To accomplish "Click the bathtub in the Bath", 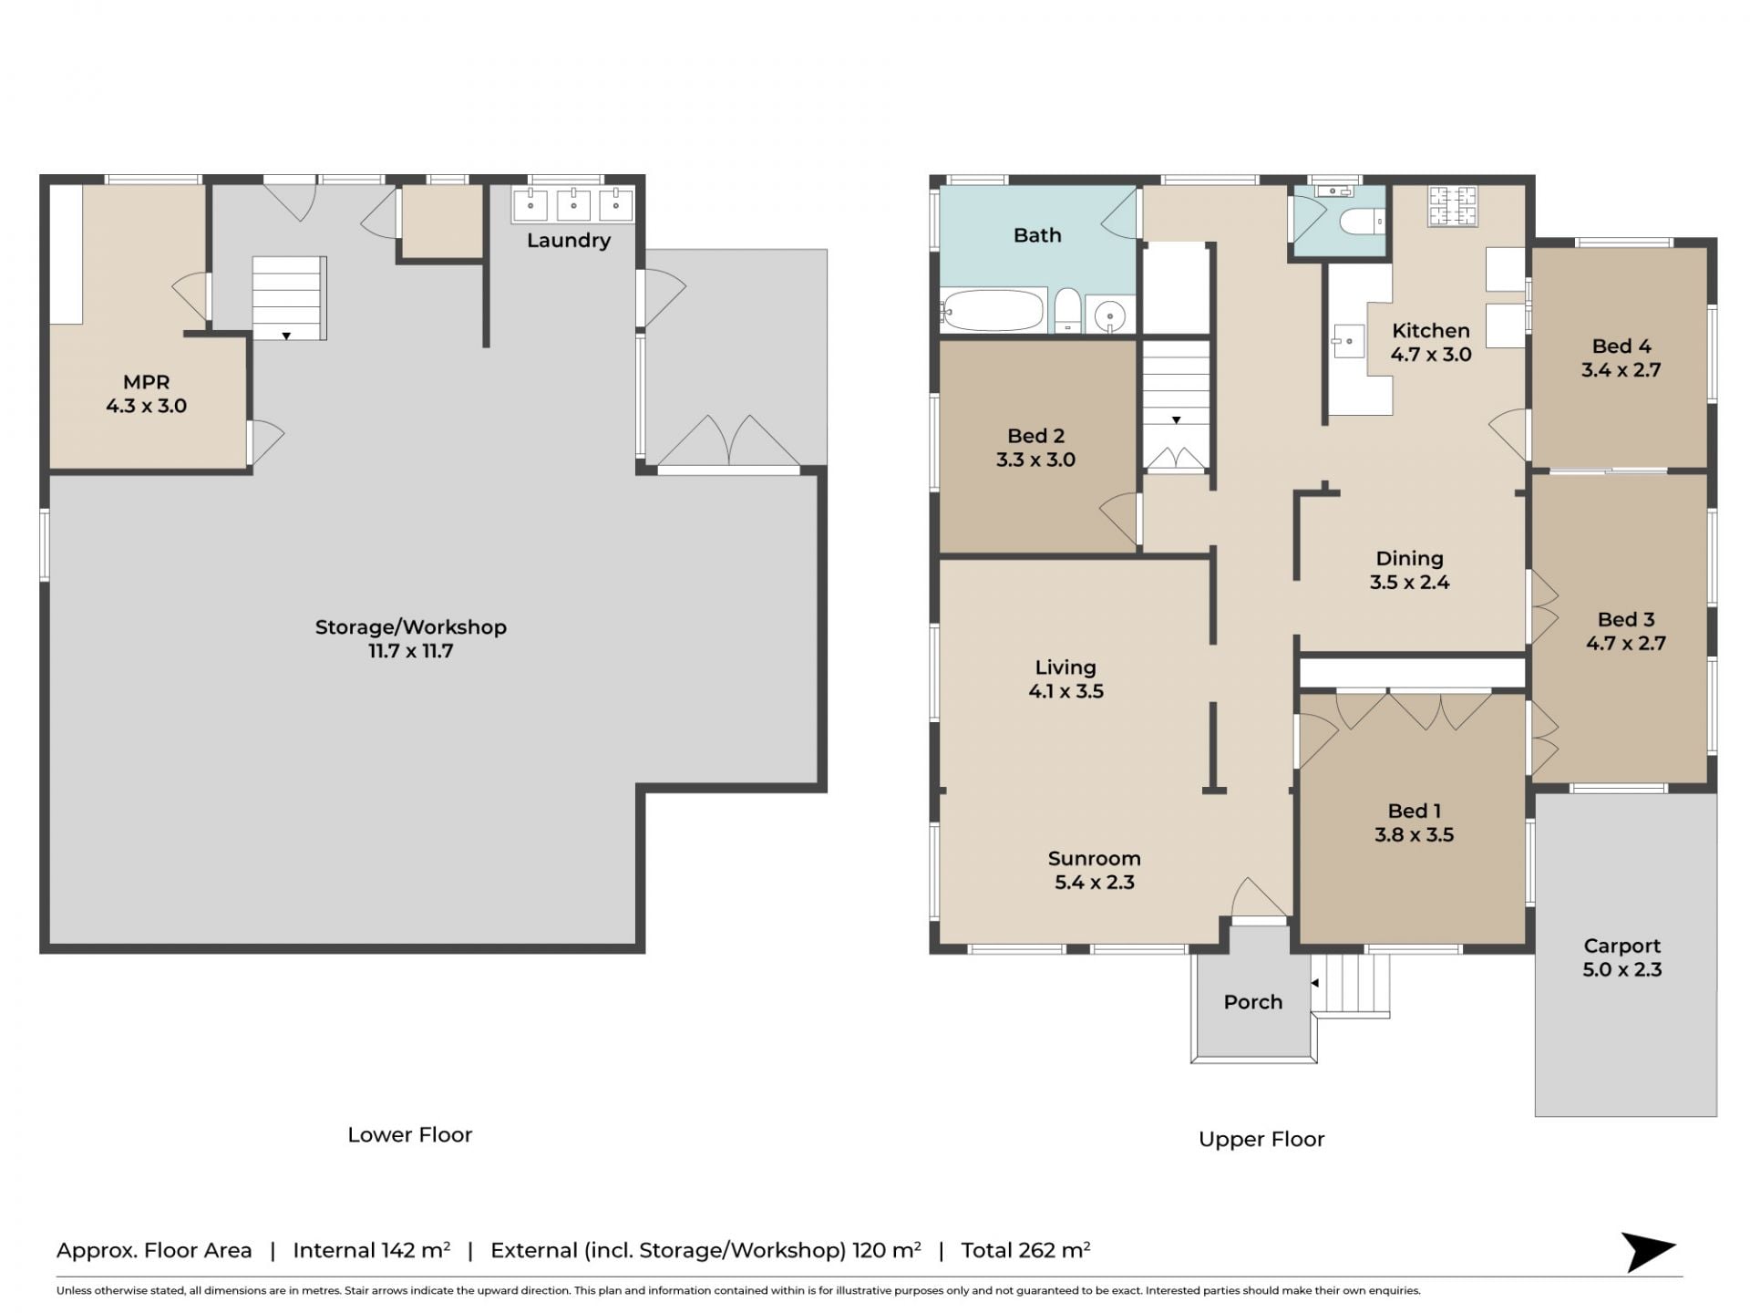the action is click(993, 310).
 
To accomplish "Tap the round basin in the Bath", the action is click(1110, 315).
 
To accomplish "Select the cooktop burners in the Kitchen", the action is click(1452, 206).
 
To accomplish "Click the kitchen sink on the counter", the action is click(1347, 341).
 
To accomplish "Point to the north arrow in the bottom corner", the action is click(1648, 1251).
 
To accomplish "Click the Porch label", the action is click(1252, 1002).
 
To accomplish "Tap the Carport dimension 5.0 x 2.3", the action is click(1621, 969).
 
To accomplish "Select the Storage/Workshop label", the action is click(410, 627).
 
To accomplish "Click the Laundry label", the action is click(569, 241).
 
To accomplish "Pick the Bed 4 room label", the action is click(1621, 346).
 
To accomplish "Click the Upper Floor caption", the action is click(1261, 1140).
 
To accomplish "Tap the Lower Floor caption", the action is click(410, 1135).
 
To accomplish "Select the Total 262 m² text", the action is click(1025, 1250).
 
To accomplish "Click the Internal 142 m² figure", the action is click(371, 1250).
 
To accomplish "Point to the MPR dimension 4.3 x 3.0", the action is click(146, 406).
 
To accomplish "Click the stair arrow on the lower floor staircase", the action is click(286, 336).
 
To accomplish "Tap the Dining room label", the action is click(1409, 558).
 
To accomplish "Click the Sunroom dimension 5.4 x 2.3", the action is click(1094, 882).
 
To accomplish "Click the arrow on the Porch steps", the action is click(1315, 983).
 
